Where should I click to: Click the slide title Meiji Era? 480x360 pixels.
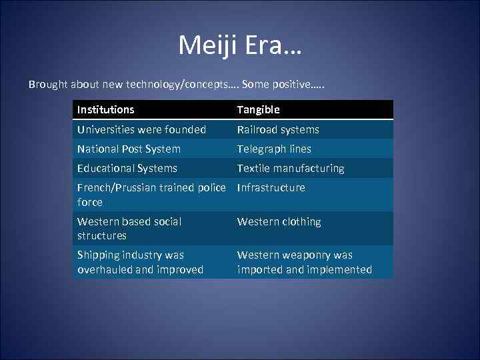point(240,45)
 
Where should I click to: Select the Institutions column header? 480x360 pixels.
point(105,109)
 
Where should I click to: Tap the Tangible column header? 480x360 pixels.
point(258,109)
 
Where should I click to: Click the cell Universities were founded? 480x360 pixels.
point(141,129)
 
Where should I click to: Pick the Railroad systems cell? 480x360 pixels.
point(278,129)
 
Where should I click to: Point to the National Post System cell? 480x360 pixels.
point(129,149)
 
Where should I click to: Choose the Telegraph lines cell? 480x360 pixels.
point(274,149)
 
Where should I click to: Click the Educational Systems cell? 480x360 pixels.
point(127,168)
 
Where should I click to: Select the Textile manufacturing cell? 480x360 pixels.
point(291,168)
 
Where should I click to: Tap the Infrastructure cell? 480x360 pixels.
point(271,187)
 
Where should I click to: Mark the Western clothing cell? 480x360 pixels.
point(279,221)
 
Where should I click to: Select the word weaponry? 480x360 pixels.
point(307,255)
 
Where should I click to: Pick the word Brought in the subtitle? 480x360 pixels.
point(47,85)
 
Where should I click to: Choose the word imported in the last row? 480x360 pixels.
point(259,269)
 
